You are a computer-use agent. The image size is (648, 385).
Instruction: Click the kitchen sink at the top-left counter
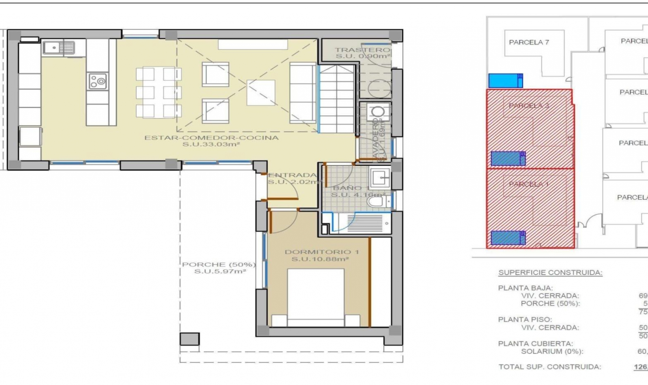click(x=58, y=48)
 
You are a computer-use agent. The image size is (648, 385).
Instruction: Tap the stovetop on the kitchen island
click(x=98, y=81)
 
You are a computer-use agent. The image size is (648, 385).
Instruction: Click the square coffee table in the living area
click(x=261, y=93)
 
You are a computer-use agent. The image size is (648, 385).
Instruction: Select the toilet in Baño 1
click(x=377, y=202)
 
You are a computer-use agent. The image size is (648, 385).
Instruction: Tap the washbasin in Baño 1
click(x=380, y=177)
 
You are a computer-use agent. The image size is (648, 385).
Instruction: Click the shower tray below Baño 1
click(x=364, y=223)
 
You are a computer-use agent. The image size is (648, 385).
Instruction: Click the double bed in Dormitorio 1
click(x=316, y=297)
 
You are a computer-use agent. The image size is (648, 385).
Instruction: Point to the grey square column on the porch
click(x=189, y=339)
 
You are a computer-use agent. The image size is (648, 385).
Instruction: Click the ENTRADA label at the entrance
click(x=292, y=175)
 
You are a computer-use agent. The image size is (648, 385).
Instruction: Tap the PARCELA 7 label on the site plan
click(x=529, y=43)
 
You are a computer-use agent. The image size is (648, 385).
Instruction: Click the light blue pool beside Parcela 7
click(x=505, y=81)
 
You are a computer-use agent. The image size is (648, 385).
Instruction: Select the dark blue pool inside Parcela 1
click(x=508, y=238)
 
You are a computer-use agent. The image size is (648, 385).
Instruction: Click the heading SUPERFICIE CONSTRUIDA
click(x=550, y=273)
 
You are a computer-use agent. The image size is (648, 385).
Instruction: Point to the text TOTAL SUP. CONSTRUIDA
click(x=549, y=367)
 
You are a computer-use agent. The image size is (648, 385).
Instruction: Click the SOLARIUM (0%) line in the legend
click(x=552, y=351)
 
